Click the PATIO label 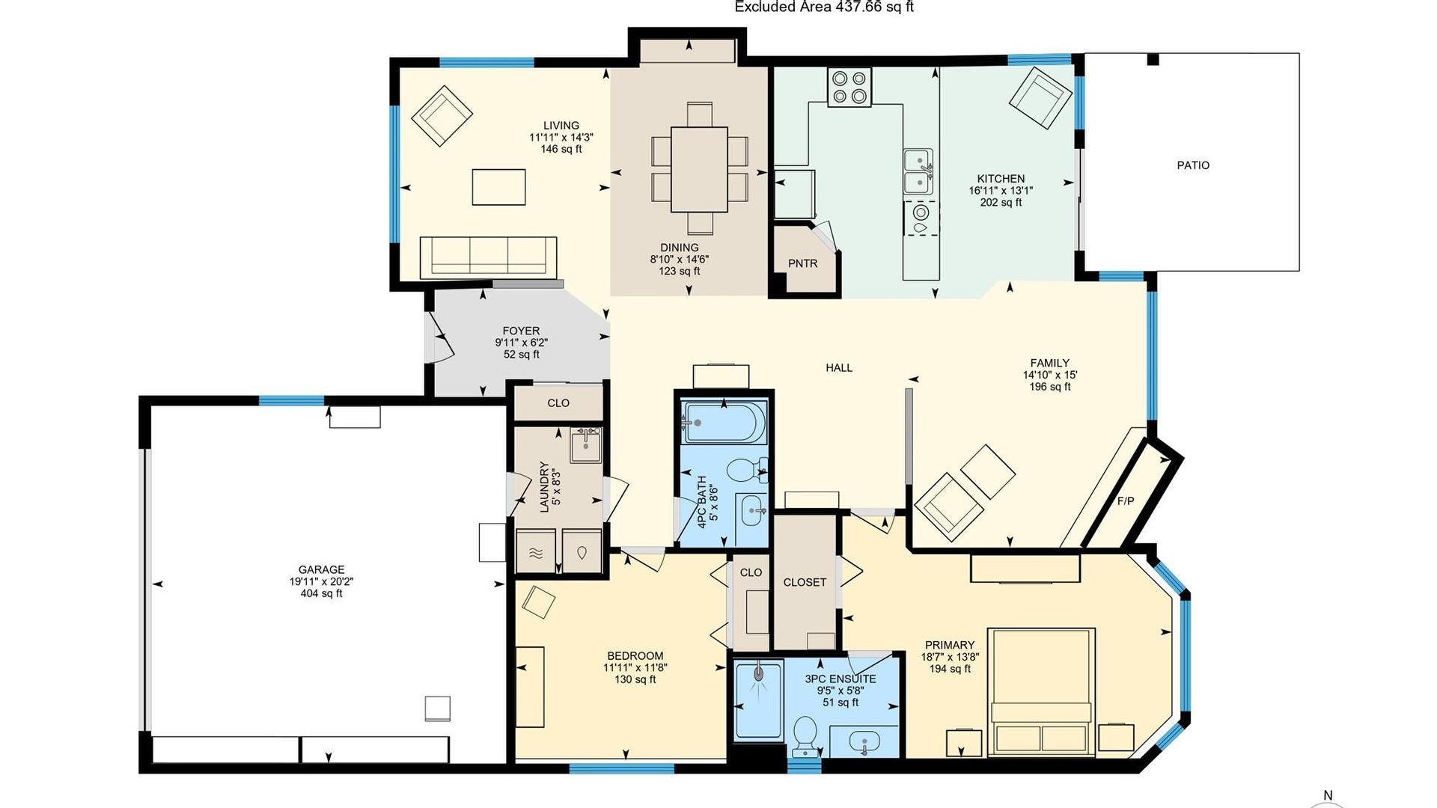click(x=1192, y=165)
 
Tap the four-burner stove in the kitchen click(x=849, y=87)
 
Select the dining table click(x=699, y=169)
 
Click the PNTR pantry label click(x=802, y=263)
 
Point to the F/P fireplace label click(x=1125, y=501)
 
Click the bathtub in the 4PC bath click(x=724, y=423)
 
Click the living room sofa click(x=488, y=257)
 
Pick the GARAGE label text click(x=321, y=569)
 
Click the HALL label click(x=838, y=367)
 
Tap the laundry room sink click(x=585, y=446)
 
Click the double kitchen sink click(x=918, y=171)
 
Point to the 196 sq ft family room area click(x=1049, y=387)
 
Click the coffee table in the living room click(x=498, y=187)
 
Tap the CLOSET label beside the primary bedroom click(x=805, y=582)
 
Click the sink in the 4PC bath click(x=752, y=512)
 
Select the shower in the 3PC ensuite click(x=758, y=700)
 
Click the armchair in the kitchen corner click(x=1040, y=98)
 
